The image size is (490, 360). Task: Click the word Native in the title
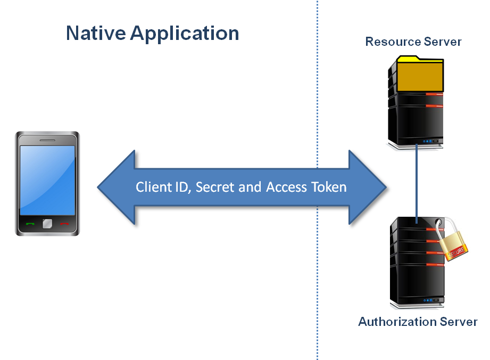96,34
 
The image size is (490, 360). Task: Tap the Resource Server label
413,42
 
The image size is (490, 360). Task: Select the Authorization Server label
418,322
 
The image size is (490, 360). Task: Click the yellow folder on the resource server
420,75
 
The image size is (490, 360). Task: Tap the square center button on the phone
47,224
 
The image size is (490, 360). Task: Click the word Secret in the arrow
213,187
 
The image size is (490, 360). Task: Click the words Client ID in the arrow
160,187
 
